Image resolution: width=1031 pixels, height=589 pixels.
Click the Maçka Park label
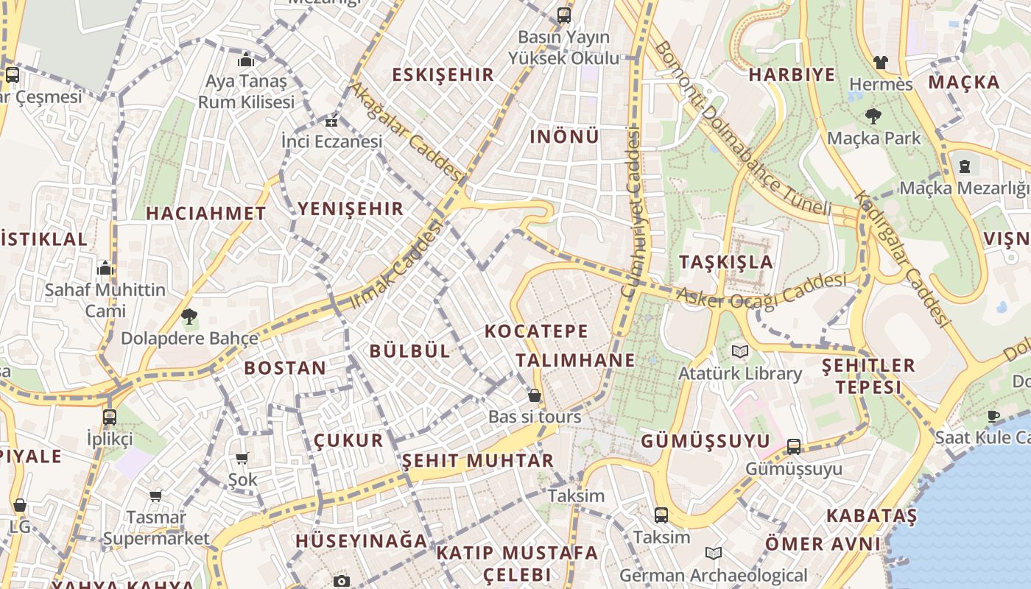[x=873, y=138]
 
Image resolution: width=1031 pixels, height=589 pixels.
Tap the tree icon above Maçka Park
[x=873, y=116]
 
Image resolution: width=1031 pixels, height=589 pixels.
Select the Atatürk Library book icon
[x=739, y=351]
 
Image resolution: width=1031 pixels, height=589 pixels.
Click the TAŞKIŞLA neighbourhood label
[x=725, y=262]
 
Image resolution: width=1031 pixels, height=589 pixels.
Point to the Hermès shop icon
[x=880, y=63]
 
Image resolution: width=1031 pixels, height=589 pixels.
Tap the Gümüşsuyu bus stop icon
[x=794, y=446]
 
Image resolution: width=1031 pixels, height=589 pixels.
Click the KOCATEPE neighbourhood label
[x=537, y=331]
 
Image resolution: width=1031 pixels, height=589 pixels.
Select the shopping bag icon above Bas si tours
[x=535, y=395]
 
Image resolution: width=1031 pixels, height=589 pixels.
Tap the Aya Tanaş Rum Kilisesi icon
[x=245, y=60]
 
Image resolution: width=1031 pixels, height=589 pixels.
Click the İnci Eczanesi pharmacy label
[x=332, y=141]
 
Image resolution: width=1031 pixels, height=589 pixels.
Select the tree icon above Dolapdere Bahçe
[x=189, y=317]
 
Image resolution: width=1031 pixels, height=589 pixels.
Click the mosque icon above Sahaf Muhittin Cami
[x=105, y=268]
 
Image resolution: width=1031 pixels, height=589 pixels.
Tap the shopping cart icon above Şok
[x=242, y=458]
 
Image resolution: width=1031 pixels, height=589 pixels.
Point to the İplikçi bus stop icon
[x=110, y=417]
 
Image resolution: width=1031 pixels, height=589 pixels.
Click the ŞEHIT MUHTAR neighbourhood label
[x=477, y=461]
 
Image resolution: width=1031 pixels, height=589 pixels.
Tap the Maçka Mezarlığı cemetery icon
[x=964, y=166]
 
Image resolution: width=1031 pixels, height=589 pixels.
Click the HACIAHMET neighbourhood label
[x=205, y=214]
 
